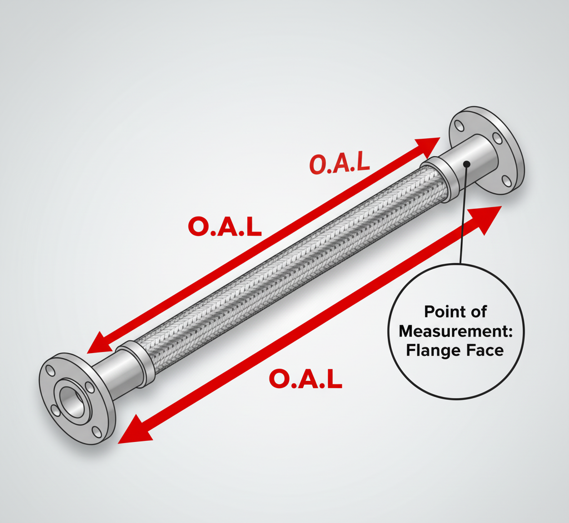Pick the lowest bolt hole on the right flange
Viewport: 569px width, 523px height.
click(x=506, y=179)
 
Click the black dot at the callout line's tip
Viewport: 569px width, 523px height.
click(x=466, y=164)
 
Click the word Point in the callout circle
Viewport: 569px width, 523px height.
click(x=441, y=311)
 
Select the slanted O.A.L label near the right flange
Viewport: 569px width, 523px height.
click(x=338, y=163)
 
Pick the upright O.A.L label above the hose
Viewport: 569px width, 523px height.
click(x=224, y=227)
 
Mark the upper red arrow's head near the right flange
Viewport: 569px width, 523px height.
click(x=428, y=145)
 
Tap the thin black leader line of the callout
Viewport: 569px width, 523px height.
click(x=463, y=222)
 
